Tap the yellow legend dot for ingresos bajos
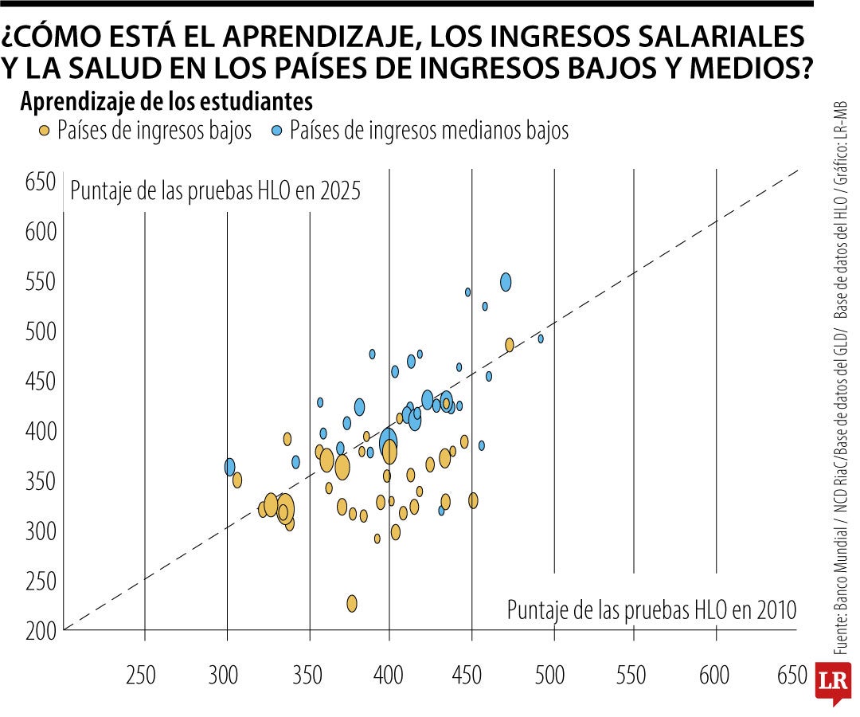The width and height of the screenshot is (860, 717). (45, 130)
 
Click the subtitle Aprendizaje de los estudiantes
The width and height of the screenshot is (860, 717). (166, 103)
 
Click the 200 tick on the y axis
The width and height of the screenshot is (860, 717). (41, 630)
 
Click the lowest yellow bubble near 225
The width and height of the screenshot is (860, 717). (352, 603)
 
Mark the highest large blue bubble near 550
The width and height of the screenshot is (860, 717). (506, 282)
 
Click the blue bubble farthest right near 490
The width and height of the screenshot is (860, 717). (541, 339)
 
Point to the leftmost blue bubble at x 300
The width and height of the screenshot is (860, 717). (230, 467)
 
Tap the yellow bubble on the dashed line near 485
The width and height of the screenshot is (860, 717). (510, 345)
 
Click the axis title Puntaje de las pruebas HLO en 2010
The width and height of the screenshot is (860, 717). (651, 611)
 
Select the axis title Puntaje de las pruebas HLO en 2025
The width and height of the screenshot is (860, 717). (216, 191)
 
